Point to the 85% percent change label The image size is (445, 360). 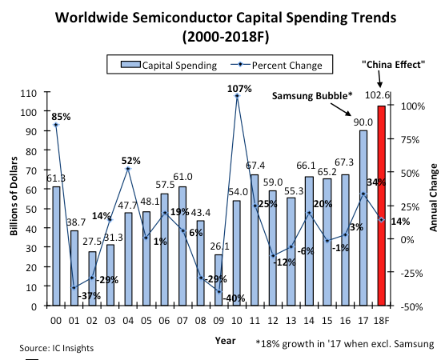coord(62,116)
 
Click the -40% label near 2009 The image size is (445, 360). coord(233,298)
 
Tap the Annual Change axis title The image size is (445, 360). coord(433,200)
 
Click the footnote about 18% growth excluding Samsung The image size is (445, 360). coord(344,343)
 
